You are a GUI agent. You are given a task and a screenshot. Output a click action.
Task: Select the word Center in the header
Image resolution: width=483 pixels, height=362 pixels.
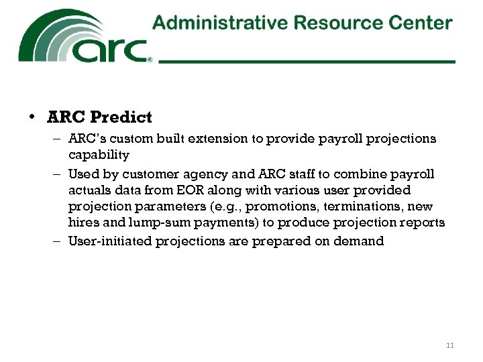pos(421,23)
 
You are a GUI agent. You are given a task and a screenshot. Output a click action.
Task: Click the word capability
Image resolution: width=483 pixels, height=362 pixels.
pos(98,155)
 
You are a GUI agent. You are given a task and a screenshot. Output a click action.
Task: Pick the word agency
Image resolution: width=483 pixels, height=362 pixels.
pos(193,174)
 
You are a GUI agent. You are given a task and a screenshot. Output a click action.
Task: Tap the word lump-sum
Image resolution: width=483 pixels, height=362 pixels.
pos(168,223)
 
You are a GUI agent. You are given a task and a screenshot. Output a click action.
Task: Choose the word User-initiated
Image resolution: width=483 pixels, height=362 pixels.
pos(110,241)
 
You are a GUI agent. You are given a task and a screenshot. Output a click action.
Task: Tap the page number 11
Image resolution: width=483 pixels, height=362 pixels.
pos(449,345)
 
